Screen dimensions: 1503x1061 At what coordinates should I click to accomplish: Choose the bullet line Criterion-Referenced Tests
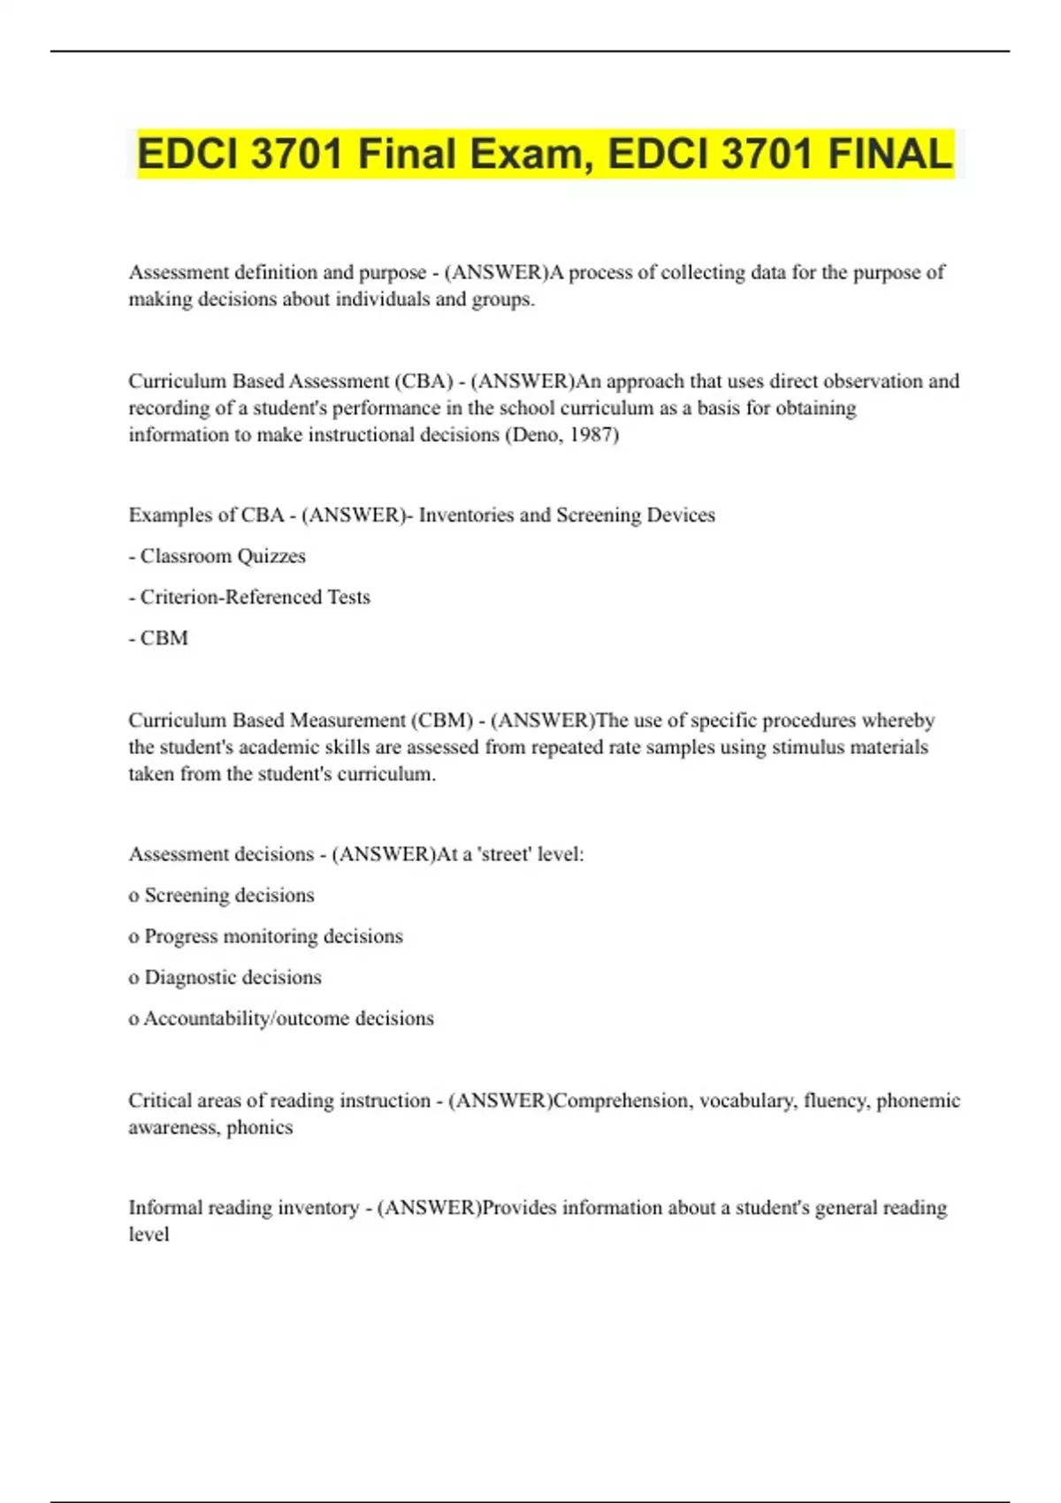click(x=249, y=597)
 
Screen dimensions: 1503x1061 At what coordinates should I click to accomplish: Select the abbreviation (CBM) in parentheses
click(x=442, y=721)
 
